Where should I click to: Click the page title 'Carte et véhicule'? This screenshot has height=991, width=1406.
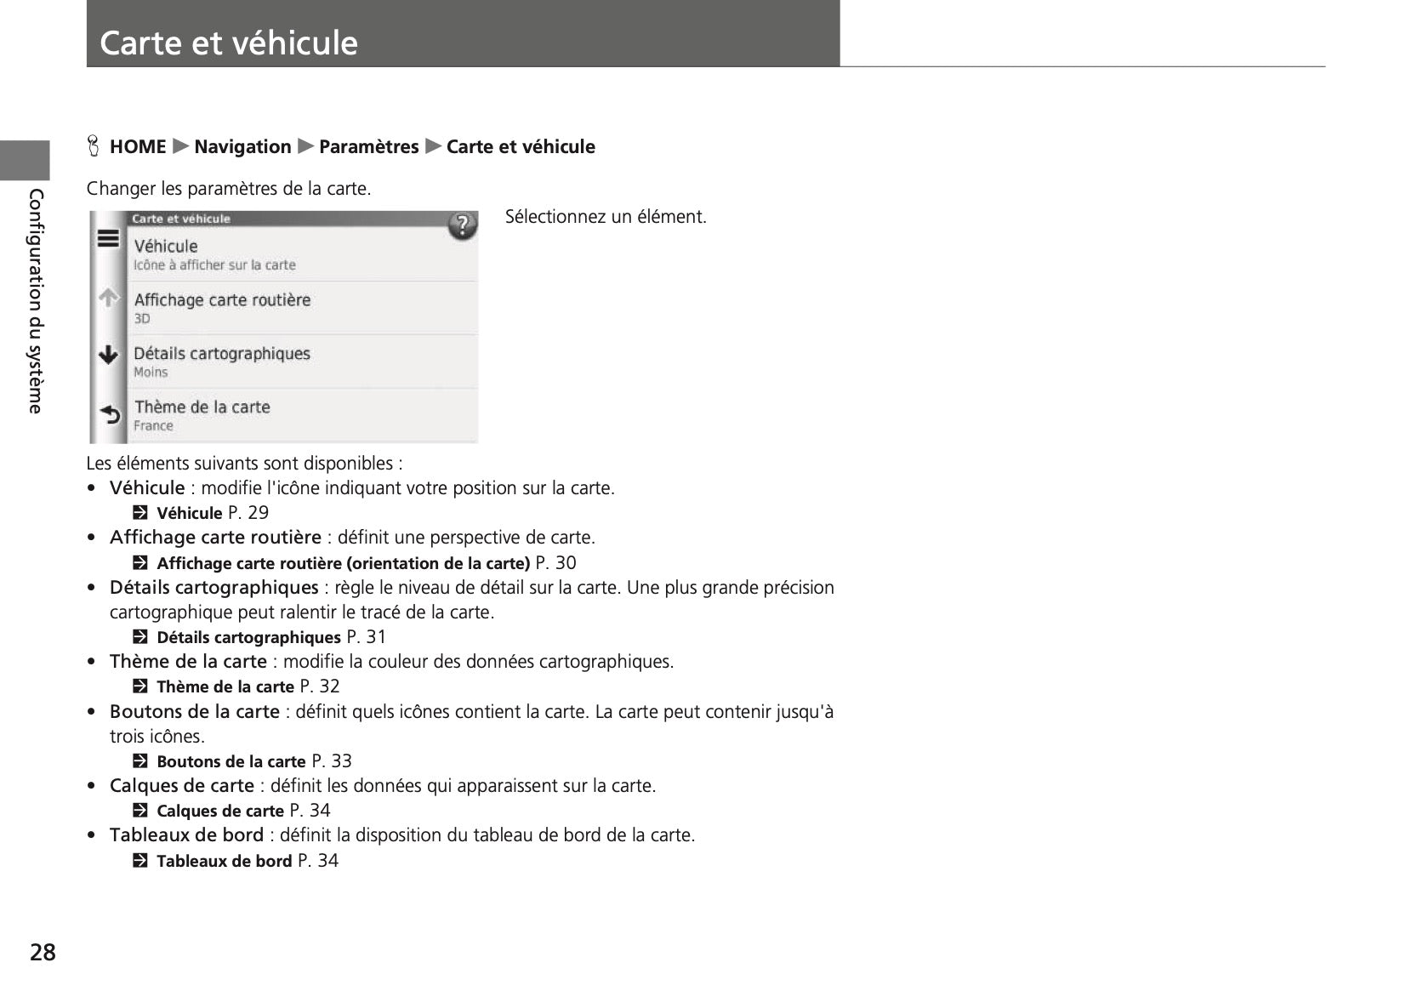pyautogui.click(x=228, y=43)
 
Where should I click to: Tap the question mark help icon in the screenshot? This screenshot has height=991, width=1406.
pyautogui.click(x=462, y=225)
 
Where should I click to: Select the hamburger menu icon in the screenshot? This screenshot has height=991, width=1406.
pyautogui.click(x=108, y=239)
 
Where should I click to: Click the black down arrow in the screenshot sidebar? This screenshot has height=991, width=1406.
pyautogui.click(x=108, y=355)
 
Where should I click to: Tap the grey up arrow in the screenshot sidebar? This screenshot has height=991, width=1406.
pyautogui.click(x=108, y=298)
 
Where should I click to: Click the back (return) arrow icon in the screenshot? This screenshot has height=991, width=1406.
pyautogui.click(x=110, y=414)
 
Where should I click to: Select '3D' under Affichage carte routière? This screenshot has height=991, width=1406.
pyautogui.click(x=142, y=319)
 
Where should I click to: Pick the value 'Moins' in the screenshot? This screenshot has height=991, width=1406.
pyautogui.click(x=151, y=373)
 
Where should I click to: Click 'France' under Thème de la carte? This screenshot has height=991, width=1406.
pyautogui.click(x=153, y=426)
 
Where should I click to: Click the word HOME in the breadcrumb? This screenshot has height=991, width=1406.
pyautogui.click(x=138, y=147)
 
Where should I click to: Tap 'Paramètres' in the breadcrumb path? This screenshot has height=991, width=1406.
pyautogui.click(x=368, y=147)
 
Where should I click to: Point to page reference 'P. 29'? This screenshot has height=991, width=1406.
pyautogui.click(x=248, y=513)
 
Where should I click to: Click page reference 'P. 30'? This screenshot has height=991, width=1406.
pyautogui.click(x=555, y=563)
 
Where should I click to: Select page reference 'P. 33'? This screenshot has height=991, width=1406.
pyautogui.click(x=332, y=761)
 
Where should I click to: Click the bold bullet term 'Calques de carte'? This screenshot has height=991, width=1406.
pyautogui.click(x=182, y=786)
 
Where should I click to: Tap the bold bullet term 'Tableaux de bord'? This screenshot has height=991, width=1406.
pyautogui.click(x=186, y=835)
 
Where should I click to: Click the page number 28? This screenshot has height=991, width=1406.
pyautogui.click(x=43, y=952)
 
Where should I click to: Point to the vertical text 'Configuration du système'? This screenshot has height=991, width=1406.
pyautogui.click(x=36, y=301)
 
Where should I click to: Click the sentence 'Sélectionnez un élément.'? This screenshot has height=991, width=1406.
pyautogui.click(x=606, y=217)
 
